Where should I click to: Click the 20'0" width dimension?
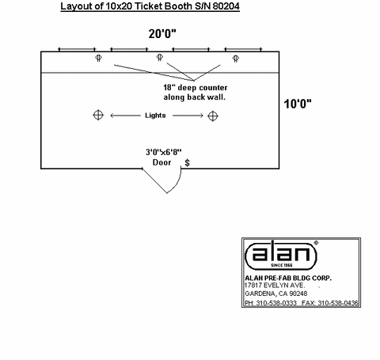point(162,34)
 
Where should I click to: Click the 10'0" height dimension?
point(298,104)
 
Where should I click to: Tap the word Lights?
point(155,116)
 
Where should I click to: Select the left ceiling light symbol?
point(98,116)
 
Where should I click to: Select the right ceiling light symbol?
point(213,116)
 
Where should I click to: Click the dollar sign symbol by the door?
point(187,163)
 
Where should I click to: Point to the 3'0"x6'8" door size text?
point(164,152)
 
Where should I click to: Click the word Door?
point(161,162)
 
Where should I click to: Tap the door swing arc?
point(177,184)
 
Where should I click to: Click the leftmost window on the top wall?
point(77,49)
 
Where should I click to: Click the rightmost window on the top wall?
point(243,49)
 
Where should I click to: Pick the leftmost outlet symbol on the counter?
point(98,58)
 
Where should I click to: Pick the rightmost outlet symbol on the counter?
point(236,59)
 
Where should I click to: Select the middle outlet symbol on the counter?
point(160,57)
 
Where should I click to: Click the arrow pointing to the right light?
point(188,116)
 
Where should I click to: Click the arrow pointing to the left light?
point(125,116)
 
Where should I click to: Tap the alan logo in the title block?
point(281,255)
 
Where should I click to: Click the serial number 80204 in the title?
point(226,6)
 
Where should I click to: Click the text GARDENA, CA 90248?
point(276,294)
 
